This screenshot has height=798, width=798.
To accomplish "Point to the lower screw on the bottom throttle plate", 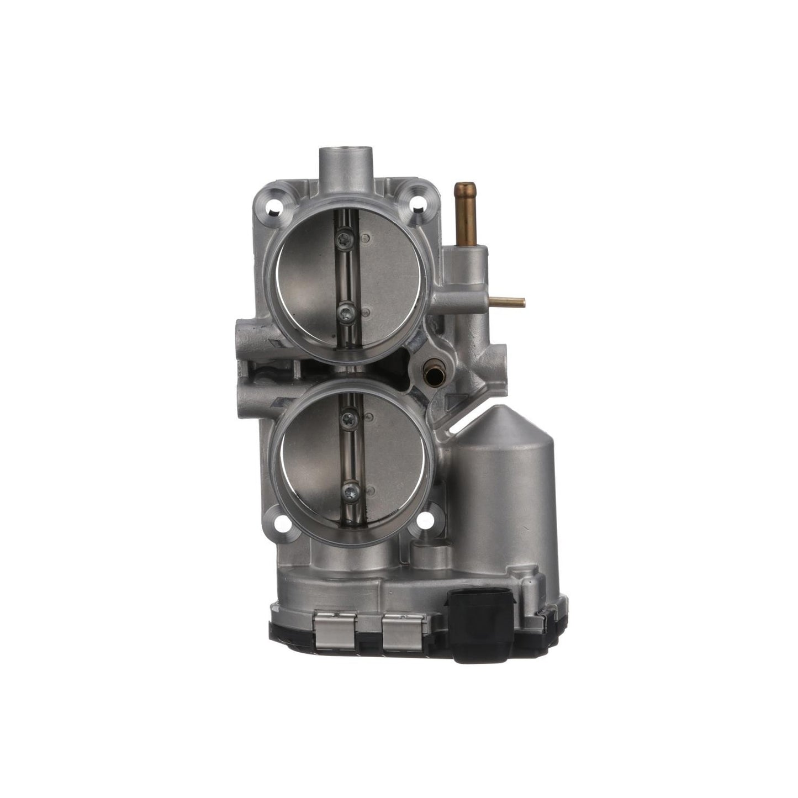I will pos(350,488).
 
